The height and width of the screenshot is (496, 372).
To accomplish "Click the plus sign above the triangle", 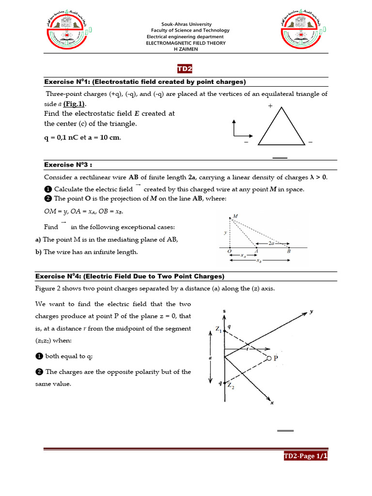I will point(270,106).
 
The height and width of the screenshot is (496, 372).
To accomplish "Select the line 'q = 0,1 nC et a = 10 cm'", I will point(83,137).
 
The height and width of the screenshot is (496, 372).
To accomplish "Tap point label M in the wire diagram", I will point(235,216).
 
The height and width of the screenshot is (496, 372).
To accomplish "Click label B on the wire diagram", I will point(289,251).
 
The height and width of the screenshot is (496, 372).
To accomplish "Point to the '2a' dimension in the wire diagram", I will point(272,244).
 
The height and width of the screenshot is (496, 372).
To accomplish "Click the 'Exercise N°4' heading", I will point(130,276).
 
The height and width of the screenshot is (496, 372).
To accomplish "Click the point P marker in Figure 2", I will point(269,358).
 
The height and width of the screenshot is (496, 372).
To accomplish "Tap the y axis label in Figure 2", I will point(311,312).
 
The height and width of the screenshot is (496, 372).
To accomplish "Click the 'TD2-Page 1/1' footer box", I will point(306,456).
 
